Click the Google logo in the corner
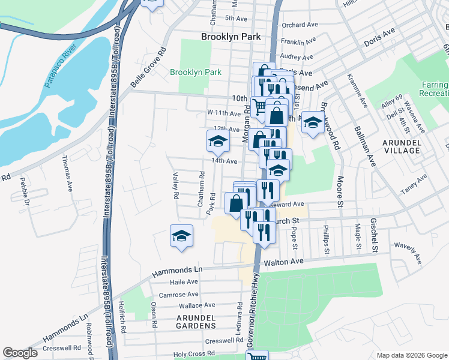click(x=20, y=353)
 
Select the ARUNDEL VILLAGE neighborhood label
click(x=402, y=146)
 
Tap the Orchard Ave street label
click(x=298, y=25)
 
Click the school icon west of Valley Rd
click(x=181, y=235)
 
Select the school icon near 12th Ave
click(x=218, y=140)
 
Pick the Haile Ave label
click(x=183, y=282)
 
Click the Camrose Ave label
click(x=178, y=295)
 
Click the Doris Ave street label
click(x=379, y=37)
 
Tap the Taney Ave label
click(x=414, y=185)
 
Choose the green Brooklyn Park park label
click(x=195, y=73)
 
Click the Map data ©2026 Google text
click(x=411, y=355)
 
